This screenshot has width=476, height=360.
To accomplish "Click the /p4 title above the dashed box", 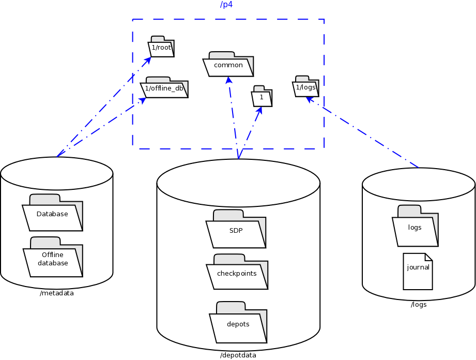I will (x=226, y=5).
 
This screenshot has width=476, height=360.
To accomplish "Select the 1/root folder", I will (x=161, y=48).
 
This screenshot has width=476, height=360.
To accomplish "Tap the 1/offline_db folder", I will (x=164, y=88).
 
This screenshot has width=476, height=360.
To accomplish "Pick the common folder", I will (x=228, y=66).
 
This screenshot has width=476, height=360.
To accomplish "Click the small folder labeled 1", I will (x=262, y=97).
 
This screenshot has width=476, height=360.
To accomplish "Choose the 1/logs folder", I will (x=305, y=87).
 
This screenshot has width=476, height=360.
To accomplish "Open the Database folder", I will (x=52, y=214).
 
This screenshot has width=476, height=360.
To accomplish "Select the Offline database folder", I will (x=52, y=259).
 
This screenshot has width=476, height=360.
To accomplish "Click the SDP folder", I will (x=236, y=231).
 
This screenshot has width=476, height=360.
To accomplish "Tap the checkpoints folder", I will (x=237, y=274).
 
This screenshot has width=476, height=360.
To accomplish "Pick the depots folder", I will (x=238, y=324).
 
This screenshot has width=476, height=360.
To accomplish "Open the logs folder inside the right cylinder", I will (x=414, y=228).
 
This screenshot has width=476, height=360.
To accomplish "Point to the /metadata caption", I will (x=56, y=293).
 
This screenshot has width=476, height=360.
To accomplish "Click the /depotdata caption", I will (x=238, y=355).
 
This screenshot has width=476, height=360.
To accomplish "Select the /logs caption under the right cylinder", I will (x=419, y=305).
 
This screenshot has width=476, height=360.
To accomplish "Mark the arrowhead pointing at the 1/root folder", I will (x=148, y=59).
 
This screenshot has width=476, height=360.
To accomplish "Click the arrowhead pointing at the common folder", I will (x=228, y=80).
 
